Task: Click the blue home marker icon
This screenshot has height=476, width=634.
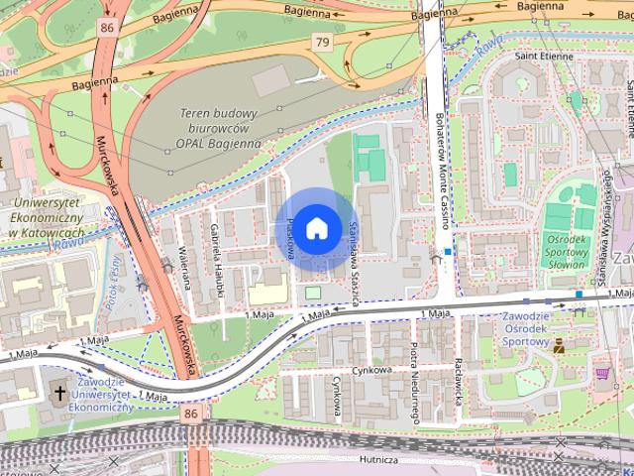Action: coord(316,228)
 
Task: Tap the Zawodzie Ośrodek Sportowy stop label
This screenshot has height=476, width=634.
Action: coord(512,328)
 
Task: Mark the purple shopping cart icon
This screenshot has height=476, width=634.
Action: coord(602,372)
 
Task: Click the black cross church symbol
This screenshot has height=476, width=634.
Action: coord(59,394)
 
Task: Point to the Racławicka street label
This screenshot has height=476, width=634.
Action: coord(458,376)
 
